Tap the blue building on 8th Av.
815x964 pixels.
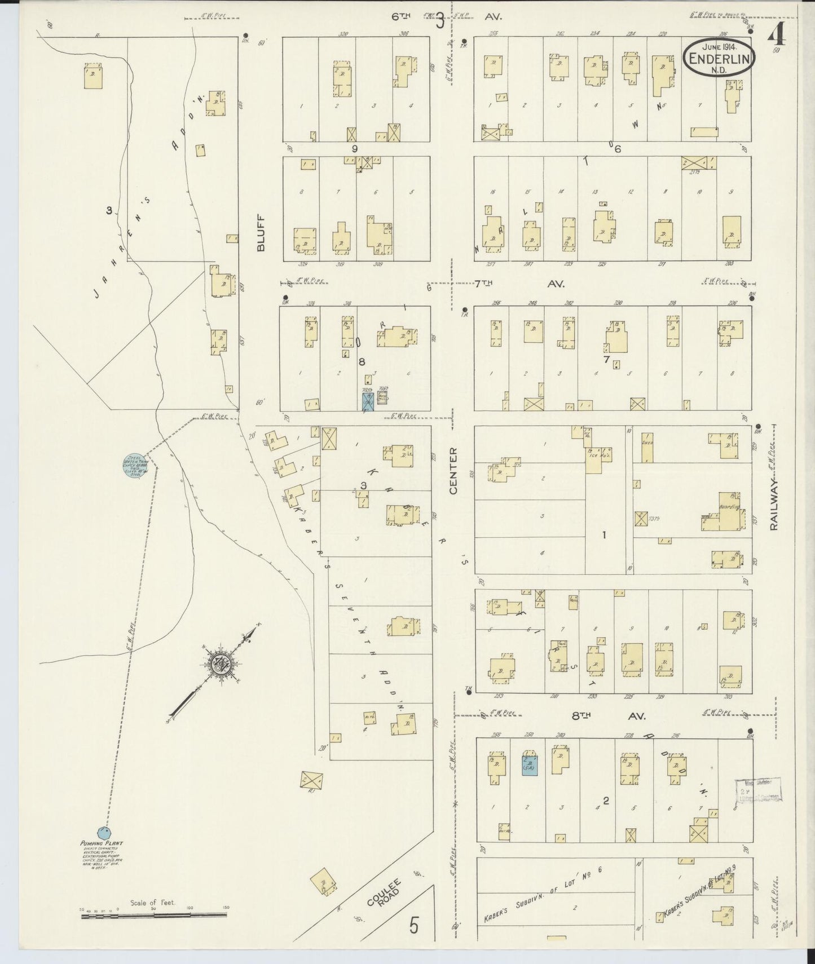529,764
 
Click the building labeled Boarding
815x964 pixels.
728,510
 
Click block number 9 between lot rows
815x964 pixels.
355,149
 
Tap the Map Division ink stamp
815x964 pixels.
758,789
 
